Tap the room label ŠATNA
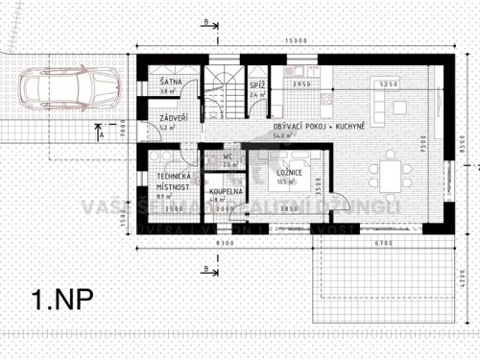click(x=171, y=84)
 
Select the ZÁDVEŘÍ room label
click(x=174, y=118)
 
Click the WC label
click(x=228, y=156)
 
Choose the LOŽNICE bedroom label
click(x=291, y=172)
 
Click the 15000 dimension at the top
click(x=295, y=41)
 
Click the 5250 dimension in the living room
click(x=388, y=85)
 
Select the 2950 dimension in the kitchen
click(x=300, y=85)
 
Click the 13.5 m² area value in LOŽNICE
click(x=284, y=180)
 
